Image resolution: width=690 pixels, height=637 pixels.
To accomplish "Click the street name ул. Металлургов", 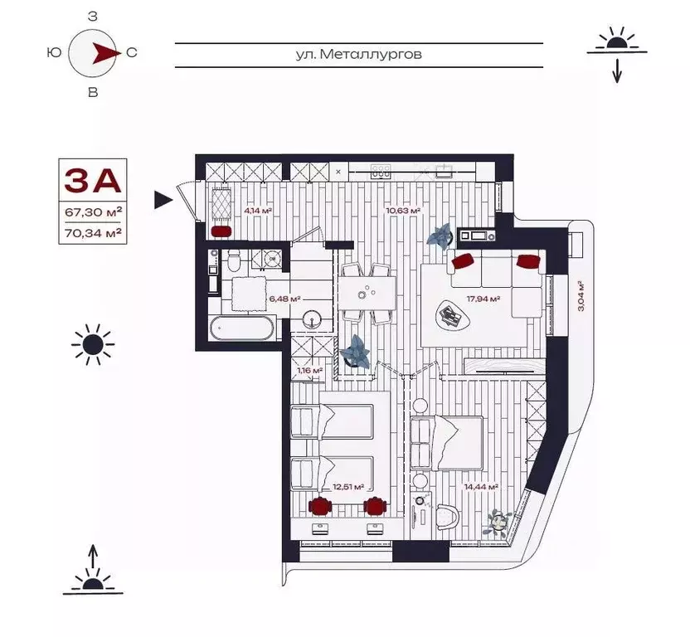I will click(358, 54).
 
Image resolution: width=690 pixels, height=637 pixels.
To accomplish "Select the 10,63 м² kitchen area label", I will click(403, 211).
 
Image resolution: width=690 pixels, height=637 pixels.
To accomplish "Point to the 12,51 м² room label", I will click(349, 486).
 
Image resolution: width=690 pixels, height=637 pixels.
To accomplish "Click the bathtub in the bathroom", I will click(241, 327).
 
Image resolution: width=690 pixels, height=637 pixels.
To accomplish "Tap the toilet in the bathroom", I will click(234, 263).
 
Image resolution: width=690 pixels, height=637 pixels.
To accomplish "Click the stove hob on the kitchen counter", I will click(381, 171).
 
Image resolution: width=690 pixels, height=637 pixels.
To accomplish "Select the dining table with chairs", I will click(366, 293).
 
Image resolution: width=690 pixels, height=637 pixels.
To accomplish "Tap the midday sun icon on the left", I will click(92, 344).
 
